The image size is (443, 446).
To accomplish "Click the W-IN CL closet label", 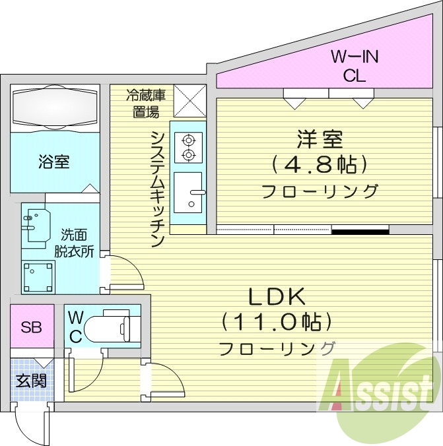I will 354,66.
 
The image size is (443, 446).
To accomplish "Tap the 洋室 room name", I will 320,139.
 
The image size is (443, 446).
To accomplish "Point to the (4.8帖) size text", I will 320,164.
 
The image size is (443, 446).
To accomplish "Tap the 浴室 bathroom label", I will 54,162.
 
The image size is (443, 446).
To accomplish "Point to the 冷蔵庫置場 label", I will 146,104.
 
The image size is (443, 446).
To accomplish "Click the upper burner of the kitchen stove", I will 189,139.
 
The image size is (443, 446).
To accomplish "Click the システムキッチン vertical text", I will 157,188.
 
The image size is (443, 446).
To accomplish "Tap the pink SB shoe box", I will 30,327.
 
